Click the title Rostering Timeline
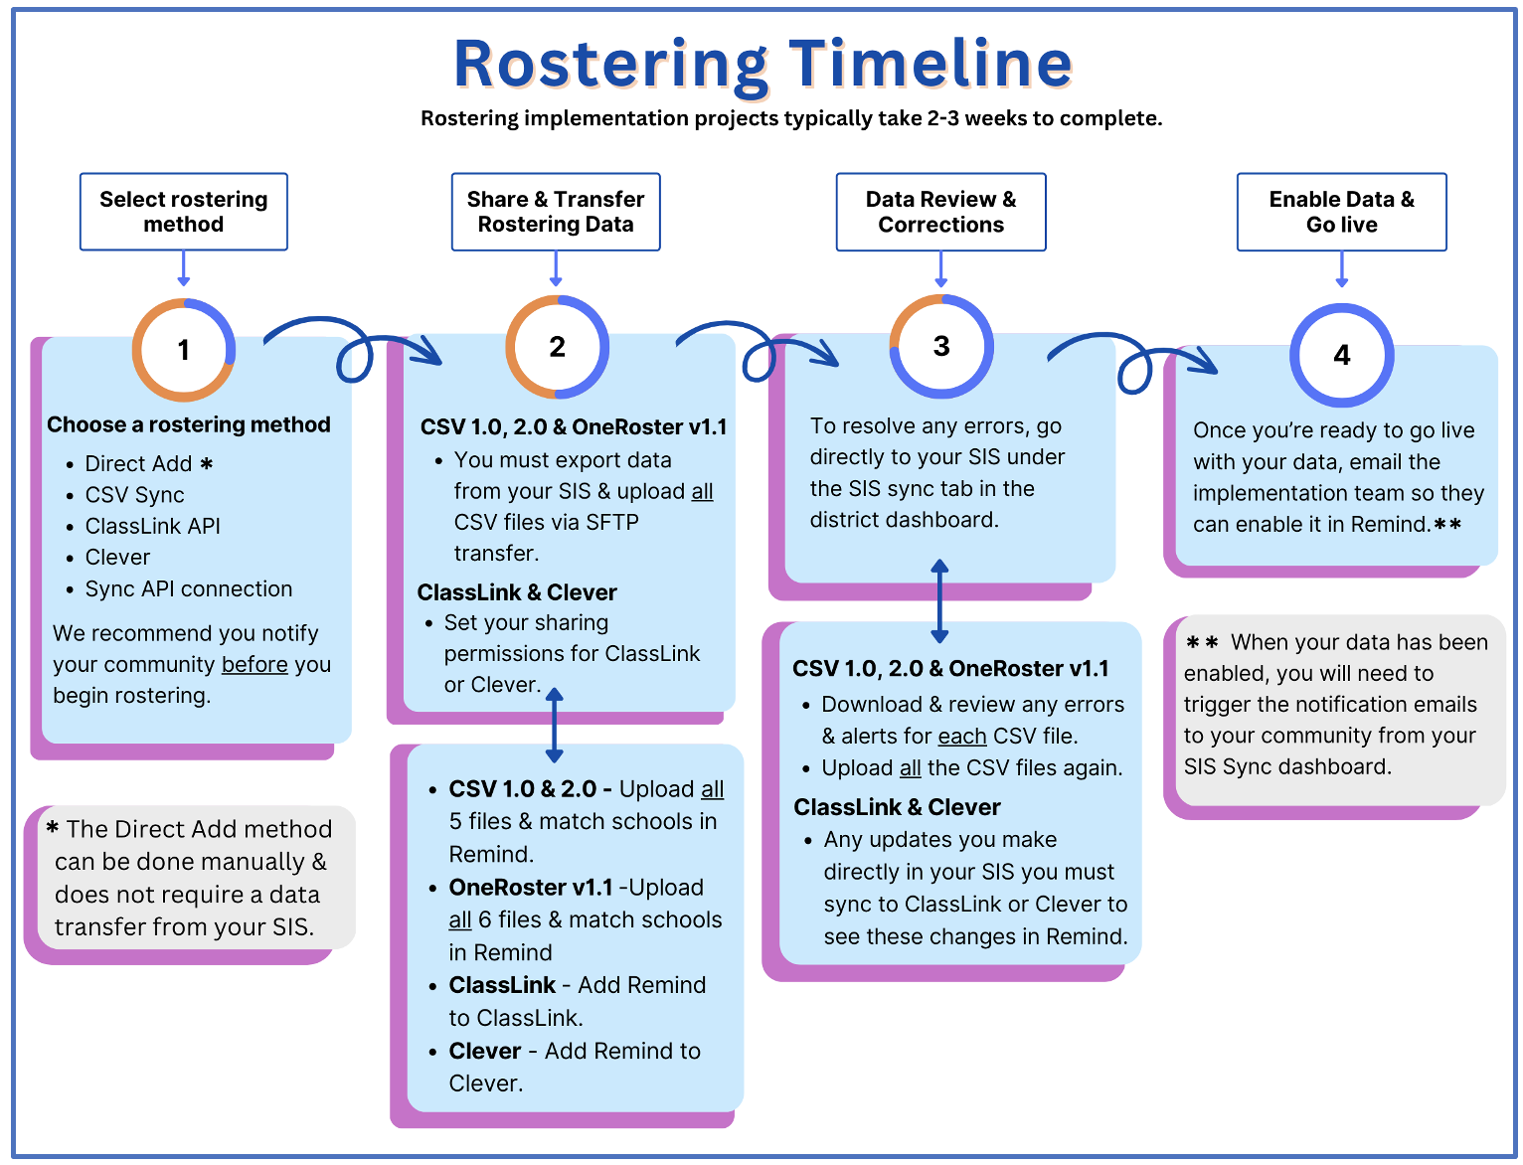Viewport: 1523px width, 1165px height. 762,64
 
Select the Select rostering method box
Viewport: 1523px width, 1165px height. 184,212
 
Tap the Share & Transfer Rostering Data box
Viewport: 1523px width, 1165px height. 556,212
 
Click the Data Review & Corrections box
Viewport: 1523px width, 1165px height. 940,212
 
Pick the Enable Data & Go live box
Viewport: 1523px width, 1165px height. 1341,212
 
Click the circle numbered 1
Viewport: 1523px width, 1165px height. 184,350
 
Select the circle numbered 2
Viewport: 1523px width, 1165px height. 557,347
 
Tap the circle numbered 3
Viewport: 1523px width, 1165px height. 940,346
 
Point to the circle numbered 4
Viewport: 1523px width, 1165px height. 1341,355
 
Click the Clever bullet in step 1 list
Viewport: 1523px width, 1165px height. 117,558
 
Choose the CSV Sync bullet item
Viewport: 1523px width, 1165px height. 134,495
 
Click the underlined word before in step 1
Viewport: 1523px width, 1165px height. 254,664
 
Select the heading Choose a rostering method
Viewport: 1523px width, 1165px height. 189,424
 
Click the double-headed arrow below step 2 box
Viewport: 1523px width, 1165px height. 555,726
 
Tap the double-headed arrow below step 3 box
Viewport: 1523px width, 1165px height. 939,601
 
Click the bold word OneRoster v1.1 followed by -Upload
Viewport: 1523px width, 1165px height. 531,888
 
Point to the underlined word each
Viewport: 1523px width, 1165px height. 961,737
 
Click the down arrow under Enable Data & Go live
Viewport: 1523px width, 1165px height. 1341,268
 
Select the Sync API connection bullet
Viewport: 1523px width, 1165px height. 189,589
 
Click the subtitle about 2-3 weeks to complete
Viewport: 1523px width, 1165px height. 791,118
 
